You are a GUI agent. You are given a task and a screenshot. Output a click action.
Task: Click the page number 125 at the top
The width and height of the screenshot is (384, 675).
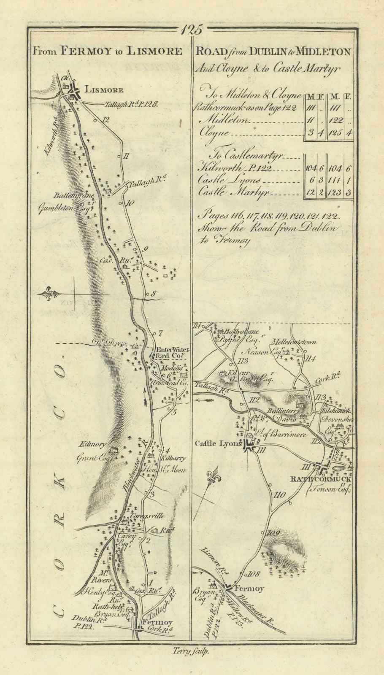pyautogui.click(x=192, y=30)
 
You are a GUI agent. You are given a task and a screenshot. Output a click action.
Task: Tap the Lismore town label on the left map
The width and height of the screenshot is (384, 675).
pyautogui.click(x=104, y=90)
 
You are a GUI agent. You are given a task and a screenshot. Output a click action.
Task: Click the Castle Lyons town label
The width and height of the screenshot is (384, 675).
pyautogui.click(x=218, y=443)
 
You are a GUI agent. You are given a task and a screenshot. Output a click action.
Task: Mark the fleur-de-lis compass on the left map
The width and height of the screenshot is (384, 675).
pyautogui.click(x=50, y=293)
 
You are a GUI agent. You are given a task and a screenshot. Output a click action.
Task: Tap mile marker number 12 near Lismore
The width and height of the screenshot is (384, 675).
pyautogui.click(x=105, y=120)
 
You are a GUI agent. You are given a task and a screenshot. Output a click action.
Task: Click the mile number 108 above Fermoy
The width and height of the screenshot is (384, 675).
pyautogui.click(x=254, y=573)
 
